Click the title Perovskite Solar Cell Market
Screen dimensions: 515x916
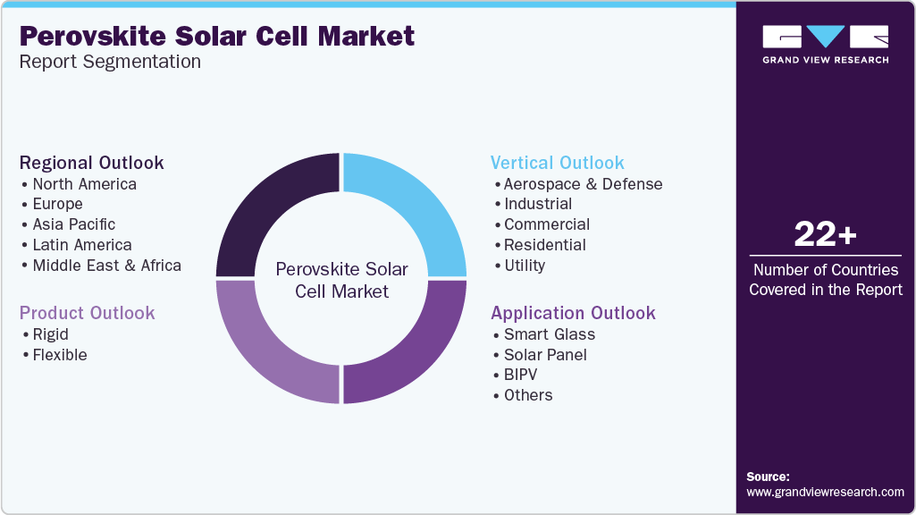[x=217, y=36]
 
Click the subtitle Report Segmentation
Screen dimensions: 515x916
[x=110, y=62]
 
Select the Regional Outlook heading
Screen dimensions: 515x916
[x=91, y=163]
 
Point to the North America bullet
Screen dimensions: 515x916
[x=84, y=184]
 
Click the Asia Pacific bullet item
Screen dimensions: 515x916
[x=73, y=224]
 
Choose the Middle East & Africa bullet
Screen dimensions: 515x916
[x=106, y=266]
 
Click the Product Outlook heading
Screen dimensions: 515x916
[x=87, y=313]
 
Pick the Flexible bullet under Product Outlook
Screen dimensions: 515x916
[x=59, y=355]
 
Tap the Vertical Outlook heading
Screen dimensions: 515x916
[x=557, y=163]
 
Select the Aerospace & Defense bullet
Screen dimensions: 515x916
[x=583, y=184]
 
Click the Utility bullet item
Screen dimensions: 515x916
[x=524, y=266]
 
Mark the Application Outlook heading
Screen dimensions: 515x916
[x=573, y=313]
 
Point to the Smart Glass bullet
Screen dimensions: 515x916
[x=549, y=334]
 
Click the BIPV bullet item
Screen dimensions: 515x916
[x=520, y=375]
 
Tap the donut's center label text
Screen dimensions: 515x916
[x=341, y=280]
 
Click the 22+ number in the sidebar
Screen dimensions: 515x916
[x=825, y=234]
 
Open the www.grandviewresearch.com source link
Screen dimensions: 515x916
[x=825, y=492]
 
